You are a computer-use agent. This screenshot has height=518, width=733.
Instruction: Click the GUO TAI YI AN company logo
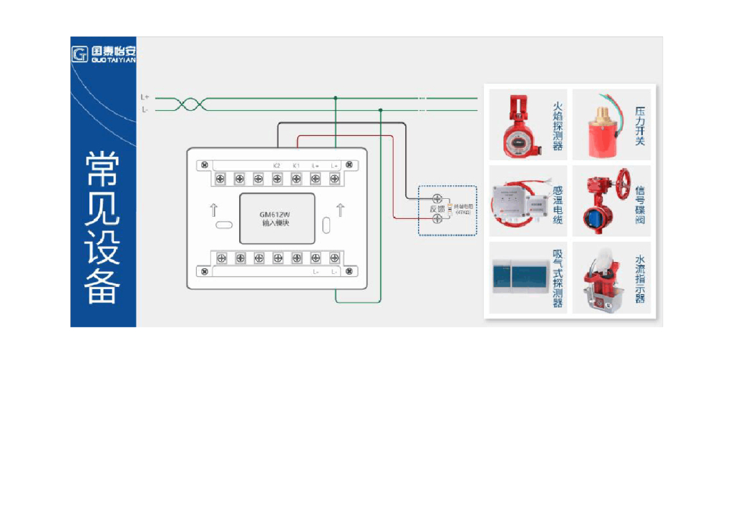coord(103,54)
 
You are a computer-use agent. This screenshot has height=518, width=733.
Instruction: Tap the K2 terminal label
coord(277,165)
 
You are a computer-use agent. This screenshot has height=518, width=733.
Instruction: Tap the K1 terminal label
coord(296,165)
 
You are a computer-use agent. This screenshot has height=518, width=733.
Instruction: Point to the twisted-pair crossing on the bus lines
coord(190,104)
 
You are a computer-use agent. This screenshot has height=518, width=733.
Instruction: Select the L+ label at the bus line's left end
coord(145,97)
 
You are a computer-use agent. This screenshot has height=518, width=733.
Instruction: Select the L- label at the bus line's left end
coord(145,110)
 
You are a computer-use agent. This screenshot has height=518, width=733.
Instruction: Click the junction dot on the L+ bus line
coord(335,98)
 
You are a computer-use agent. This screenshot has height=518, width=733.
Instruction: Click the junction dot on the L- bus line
coord(380,110)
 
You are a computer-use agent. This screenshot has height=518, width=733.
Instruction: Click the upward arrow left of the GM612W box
coord(213,210)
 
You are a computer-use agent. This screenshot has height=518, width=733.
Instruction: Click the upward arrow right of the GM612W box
coord(340,210)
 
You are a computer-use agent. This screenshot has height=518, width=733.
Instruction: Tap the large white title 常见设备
coord(102,228)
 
